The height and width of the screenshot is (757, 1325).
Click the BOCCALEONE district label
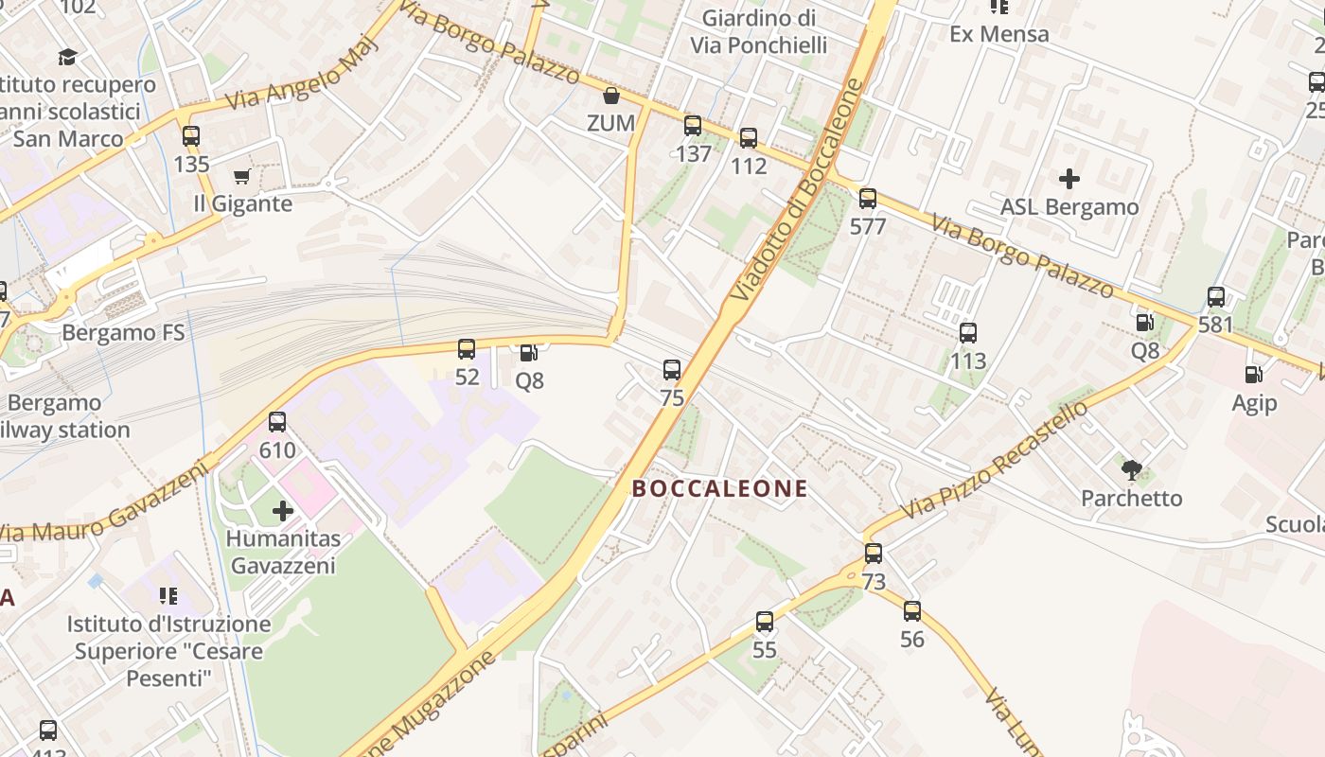pos(719,488)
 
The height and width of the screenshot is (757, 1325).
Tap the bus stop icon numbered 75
pos(672,369)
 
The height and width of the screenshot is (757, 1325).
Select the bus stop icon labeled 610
pos(277,422)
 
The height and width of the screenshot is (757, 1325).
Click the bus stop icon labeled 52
pos(467,349)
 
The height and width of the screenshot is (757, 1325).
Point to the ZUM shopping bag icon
pos(611,96)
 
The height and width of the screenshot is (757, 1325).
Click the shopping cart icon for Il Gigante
pos(241,177)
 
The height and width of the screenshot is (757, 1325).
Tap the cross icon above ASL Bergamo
pos(1069,178)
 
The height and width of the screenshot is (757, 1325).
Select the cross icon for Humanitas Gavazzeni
pos(282,511)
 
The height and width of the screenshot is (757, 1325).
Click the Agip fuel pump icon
pos(1254,375)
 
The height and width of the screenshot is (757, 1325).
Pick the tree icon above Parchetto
pos(1131,469)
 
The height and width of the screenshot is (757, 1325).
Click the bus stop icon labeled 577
pos(868,199)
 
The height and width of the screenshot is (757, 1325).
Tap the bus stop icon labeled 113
pos(968,333)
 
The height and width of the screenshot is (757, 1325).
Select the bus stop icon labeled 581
pos(1216,297)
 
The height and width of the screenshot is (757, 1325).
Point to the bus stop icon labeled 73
pos(874,554)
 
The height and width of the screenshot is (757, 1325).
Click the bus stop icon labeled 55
pos(765,622)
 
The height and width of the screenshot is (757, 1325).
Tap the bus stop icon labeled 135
pos(191,136)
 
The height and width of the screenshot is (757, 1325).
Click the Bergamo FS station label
pos(123,333)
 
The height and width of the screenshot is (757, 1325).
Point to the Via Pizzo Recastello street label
pos(994,461)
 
